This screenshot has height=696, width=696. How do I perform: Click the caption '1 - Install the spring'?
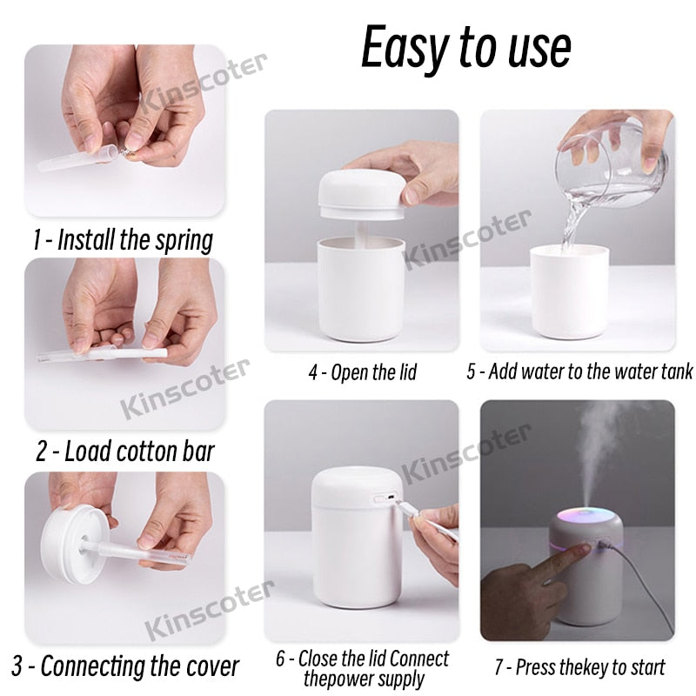[x=123, y=239]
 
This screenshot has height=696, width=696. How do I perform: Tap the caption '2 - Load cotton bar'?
[x=124, y=452]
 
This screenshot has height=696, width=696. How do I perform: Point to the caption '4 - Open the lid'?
[x=362, y=373]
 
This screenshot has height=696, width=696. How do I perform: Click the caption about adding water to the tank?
[x=579, y=372]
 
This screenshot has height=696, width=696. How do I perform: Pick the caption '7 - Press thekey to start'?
[x=579, y=668]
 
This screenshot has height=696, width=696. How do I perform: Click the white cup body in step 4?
[x=361, y=287]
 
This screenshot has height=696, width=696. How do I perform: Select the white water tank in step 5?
[x=569, y=291]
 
